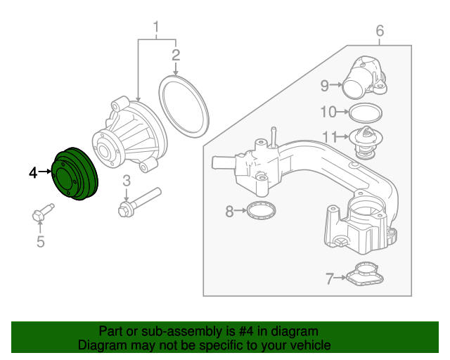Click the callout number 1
pyautogui.click(x=156, y=29)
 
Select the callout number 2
pyautogui.click(x=176, y=54)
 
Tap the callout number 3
pyautogui.click(x=127, y=181)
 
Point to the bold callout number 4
pyautogui.click(x=33, y=172)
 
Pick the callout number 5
pyautogui.click(x=40, y=243)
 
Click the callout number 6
pyautogui.click(x=380, y=30)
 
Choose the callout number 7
pyautogui.click(x=330, y=279)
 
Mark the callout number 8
pyautogui.click(x=229, y=210)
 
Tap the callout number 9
pyautogui.click(x=325, y=86)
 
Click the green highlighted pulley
pyautogui.click(x=77, y=175)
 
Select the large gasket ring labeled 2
pyautogui.click(x=185, y=107)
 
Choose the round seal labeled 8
pyautogui.click(x=262, y=210)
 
